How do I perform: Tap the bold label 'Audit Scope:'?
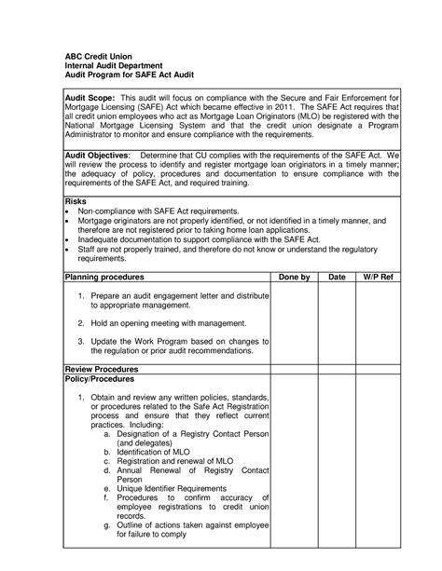pos(89,97)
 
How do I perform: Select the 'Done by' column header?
pos(292,279)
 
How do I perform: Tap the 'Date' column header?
pos(337,279)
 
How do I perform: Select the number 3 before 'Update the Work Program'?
pos(81,342)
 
